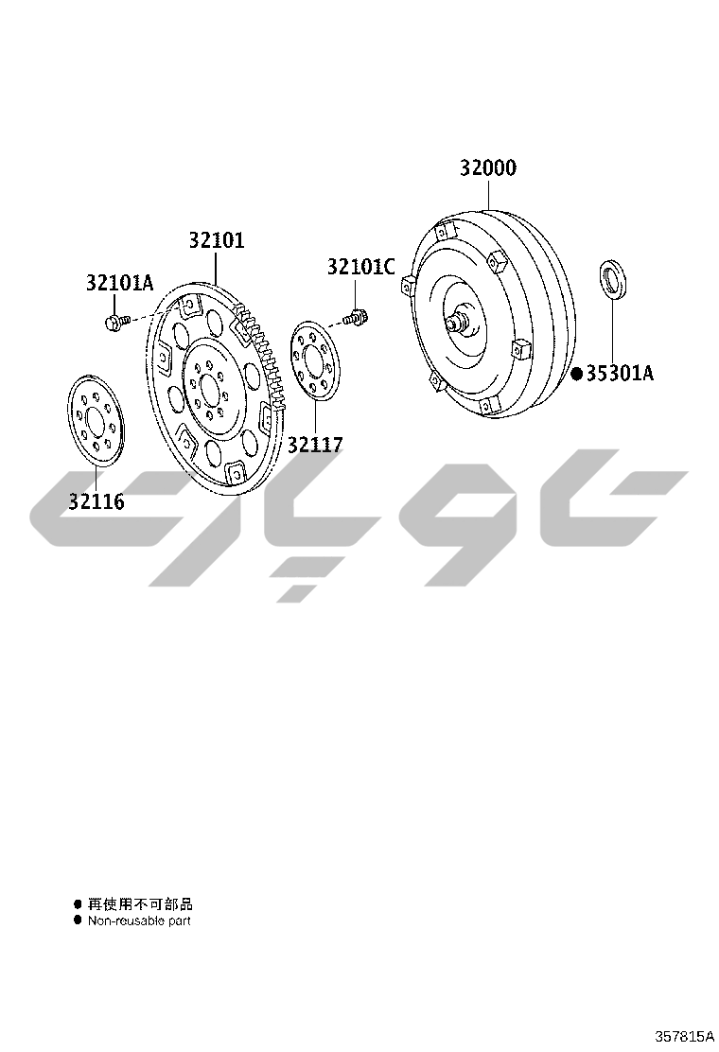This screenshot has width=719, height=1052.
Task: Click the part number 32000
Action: (x=488, y=168)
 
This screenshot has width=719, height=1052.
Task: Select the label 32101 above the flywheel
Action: (x=216, y=240)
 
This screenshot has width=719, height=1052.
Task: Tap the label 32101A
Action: (x=119, y=282)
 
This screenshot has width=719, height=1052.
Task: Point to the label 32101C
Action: (x=360, y=267)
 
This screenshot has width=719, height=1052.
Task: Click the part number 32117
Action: (x=315, y=444)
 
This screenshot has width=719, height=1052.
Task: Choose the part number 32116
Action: (x=96, y=501)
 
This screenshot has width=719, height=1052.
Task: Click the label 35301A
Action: (x=620, y=374)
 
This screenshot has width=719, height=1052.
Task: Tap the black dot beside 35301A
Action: (x=577, y=374)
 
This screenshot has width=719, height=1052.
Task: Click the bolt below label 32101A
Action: (x=115, y=324)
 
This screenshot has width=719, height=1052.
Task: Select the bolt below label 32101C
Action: (x=357, y=318)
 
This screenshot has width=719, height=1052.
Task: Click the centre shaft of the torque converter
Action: (x=457, y=321)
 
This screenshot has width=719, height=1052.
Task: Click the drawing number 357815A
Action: (x=683, y=1036)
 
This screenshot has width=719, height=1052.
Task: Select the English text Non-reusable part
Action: (x=139, y=920)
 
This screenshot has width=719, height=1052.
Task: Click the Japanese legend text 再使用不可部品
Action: (x=140, y=904)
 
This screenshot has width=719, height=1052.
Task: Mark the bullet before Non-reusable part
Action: (x=79, y=920)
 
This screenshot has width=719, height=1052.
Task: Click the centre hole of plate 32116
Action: (x=96, y=421)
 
